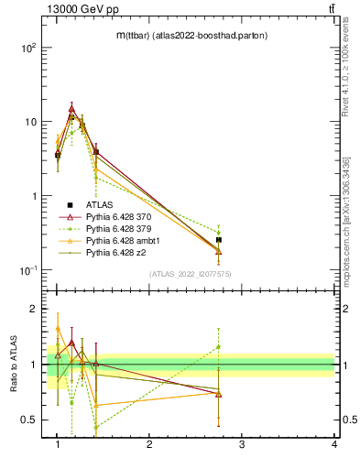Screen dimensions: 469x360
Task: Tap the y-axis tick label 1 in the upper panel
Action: [x=33, y=196]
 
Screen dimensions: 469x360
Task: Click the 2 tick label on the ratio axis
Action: [x=33, y=309]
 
